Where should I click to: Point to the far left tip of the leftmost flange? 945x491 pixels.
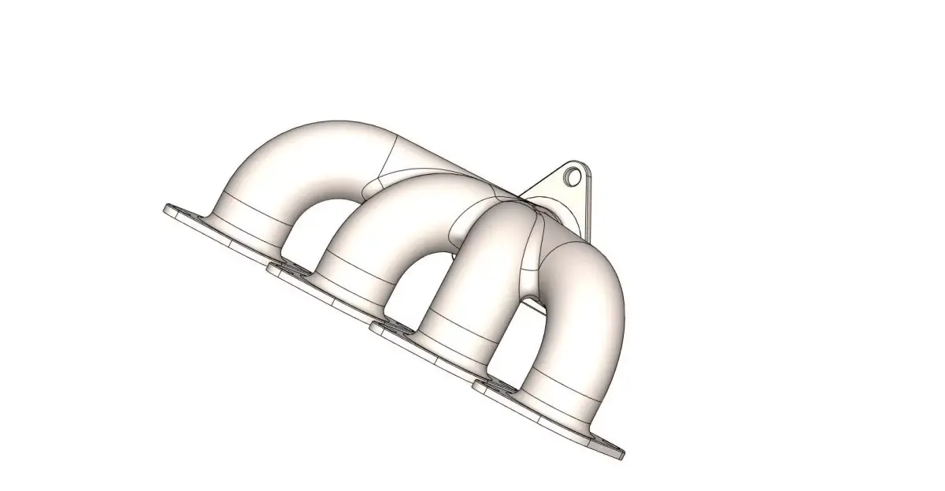[x=167, y=209]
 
